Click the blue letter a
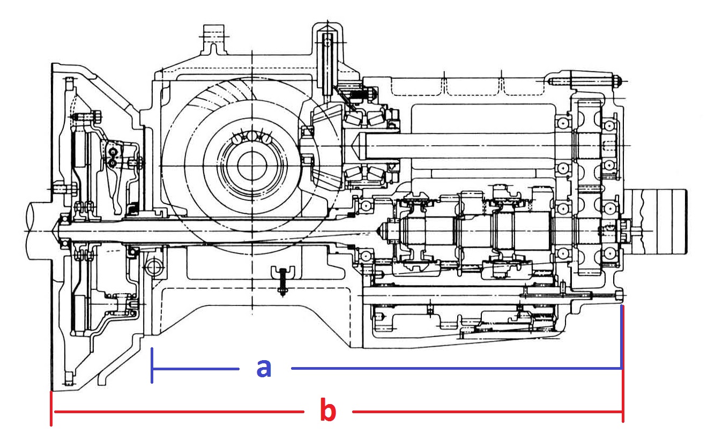coord(264,369)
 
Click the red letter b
coord(328,409)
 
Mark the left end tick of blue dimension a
coord(152,365)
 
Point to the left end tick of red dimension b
coord(51,409)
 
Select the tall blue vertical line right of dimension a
coord(622,337)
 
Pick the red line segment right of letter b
coord(487,412)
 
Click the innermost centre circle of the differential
coord(252,166)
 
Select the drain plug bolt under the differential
coord(282,281)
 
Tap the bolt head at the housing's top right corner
coord(617,80)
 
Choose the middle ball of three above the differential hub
coord(252,136)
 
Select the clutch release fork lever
coord(113,175)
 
